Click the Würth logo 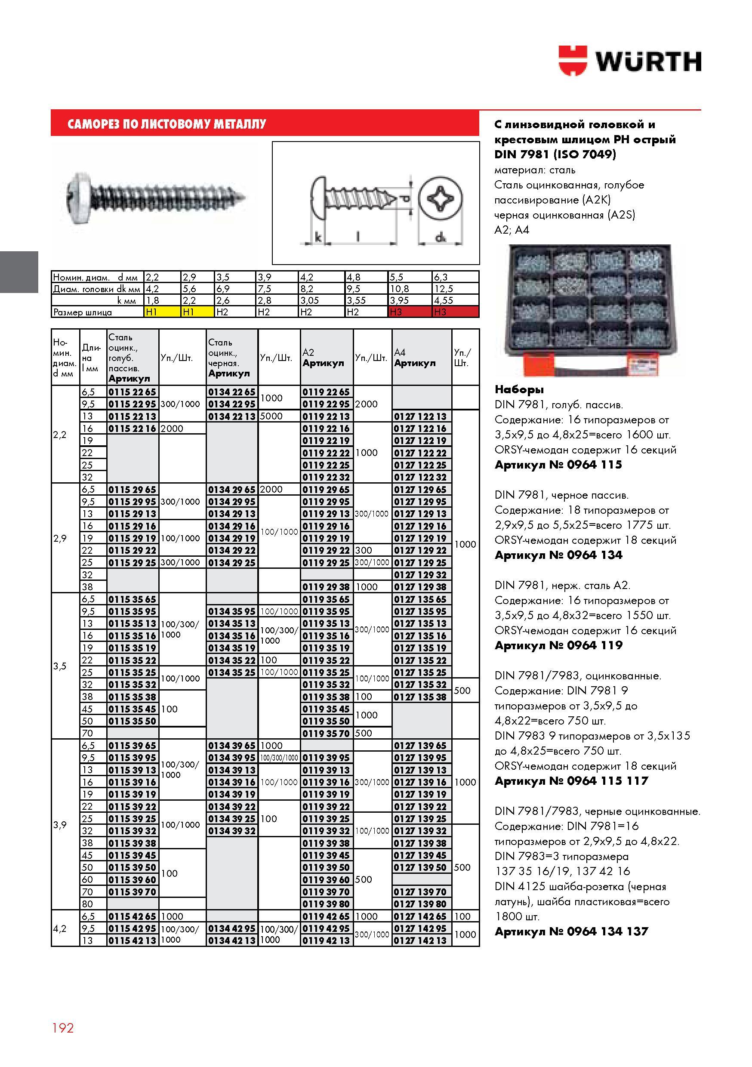tap(629, 60)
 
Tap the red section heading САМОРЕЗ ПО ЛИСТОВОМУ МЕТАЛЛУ tap(167, 124)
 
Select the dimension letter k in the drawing tap(318, 237)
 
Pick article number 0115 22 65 tap(133, 392)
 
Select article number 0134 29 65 tap(232, 489)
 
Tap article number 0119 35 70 tap(326, 733)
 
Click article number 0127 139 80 tap(420, 904)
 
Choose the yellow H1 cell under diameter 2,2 tap(162, 312)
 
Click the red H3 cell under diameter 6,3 tap(455, 312)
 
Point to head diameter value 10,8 tap(399, 289)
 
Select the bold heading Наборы tap(519, 389)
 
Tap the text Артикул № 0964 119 tap(558, 645)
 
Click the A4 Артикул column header tap(415, 358)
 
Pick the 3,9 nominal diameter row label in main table tap(60, 824)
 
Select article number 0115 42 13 tap(133, 940)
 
